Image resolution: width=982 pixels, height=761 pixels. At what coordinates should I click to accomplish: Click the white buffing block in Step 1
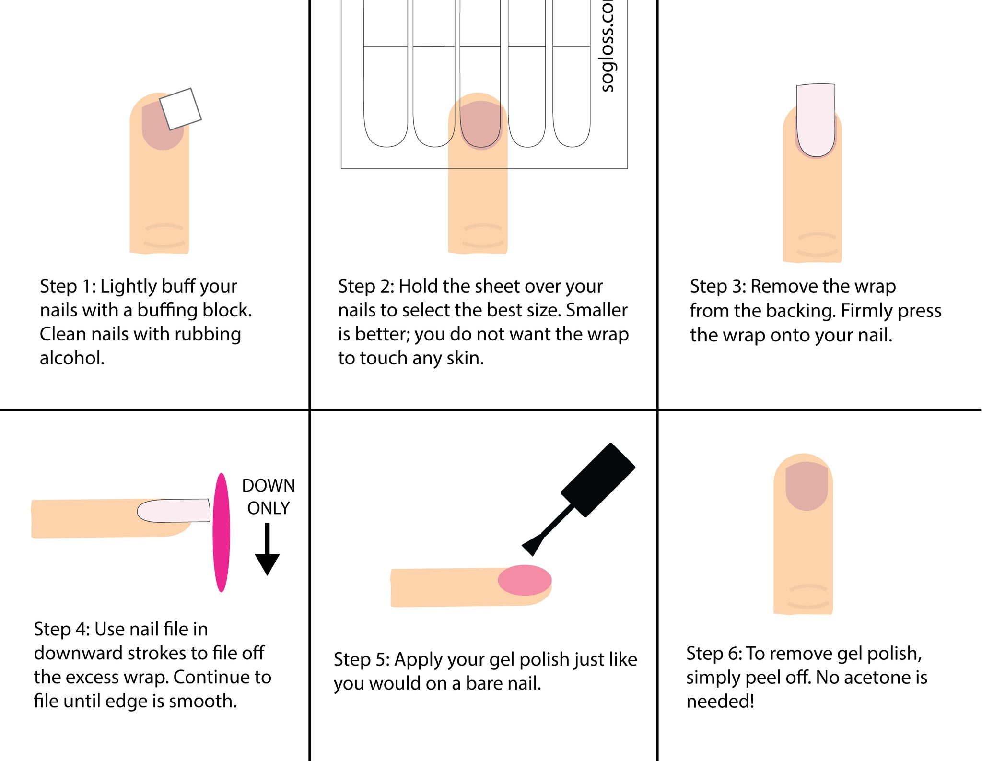180,109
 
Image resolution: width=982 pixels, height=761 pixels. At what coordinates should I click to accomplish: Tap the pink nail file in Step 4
221,532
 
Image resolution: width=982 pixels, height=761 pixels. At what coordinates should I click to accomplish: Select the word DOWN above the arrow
268,485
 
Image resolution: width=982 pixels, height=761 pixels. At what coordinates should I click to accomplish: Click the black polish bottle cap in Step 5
598,480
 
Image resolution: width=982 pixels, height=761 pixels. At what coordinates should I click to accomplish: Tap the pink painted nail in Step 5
525,580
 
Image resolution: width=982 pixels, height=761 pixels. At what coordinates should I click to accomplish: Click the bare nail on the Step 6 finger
807,486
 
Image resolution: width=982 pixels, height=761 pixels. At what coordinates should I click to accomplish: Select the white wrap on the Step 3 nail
816,120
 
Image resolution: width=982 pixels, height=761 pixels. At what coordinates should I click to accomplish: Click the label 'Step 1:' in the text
68,286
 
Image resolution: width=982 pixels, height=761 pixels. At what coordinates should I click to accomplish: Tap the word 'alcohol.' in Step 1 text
72,358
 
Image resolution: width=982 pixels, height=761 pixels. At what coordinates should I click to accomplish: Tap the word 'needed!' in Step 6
720,702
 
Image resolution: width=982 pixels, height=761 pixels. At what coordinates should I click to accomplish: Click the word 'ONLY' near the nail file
268,508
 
